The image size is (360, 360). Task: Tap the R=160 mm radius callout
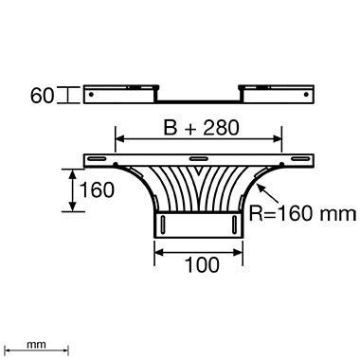[301, 215]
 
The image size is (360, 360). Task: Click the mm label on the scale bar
[36, 345]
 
